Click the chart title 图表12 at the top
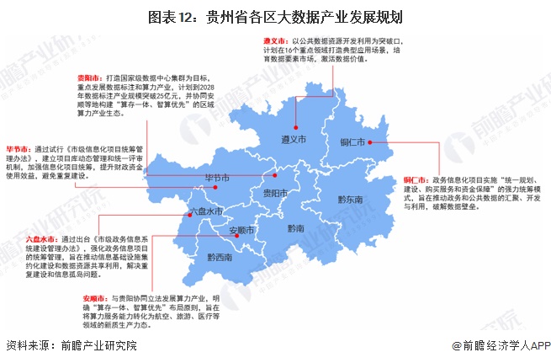[x=275, y=16]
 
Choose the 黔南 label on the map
[x=295, y=228]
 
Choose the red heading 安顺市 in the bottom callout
[x=96, y=298]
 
